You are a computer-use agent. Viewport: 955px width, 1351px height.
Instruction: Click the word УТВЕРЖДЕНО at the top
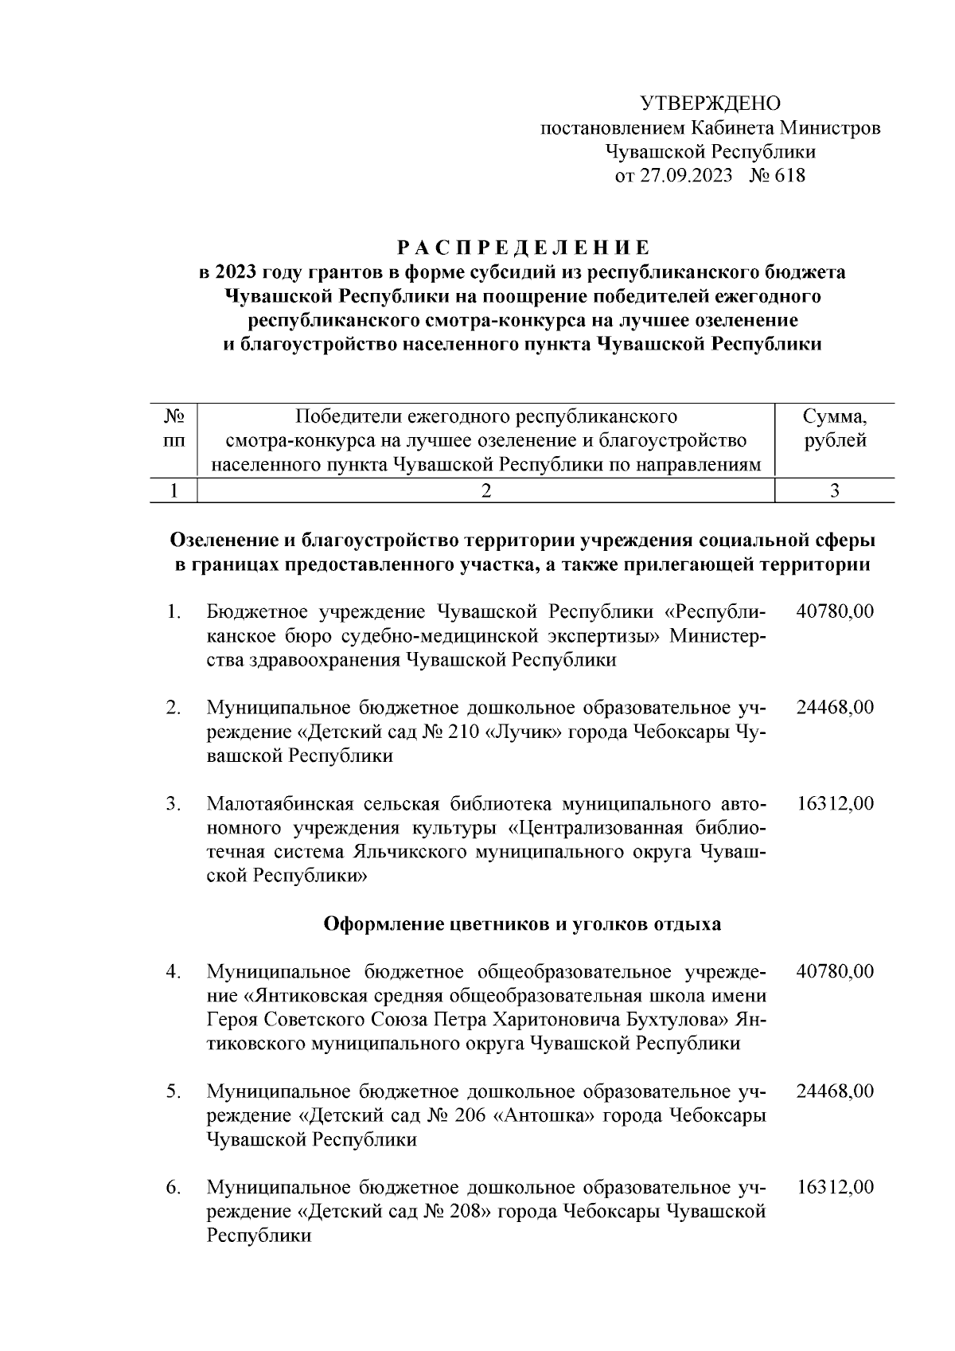pyautogui.click(x=710, y=103)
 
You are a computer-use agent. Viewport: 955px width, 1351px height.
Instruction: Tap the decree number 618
pyautogui.click(x=788, y=176)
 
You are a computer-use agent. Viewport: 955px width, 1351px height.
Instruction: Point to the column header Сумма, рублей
pyautogui.click(x=835, y=428)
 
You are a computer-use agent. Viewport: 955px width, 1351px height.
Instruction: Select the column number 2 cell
pyautogui.click(x=485, y=490)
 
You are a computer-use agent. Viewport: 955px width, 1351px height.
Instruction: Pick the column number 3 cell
pyautogui.click(x=835, y=490)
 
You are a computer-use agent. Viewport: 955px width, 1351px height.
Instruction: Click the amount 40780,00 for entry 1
pyautogui.click(x=835, y=611)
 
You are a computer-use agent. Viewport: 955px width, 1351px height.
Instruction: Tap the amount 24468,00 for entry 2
pyautogui.click(x=835, y=707)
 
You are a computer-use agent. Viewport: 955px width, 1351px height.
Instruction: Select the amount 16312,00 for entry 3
pyautogui.click(x=835, y=803)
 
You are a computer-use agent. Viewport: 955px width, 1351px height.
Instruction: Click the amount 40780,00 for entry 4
pyautogui.click(x=835, y=971)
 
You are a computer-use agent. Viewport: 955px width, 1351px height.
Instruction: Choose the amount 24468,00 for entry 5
pyautogui.click(x=835, y=1091)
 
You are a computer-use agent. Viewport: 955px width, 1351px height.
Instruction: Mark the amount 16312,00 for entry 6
pyautogui.click(x=835, y=1187)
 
